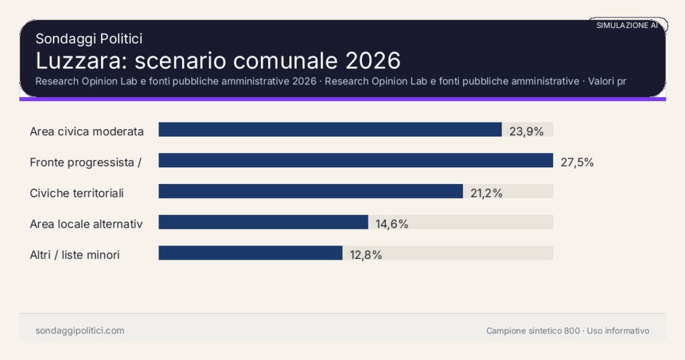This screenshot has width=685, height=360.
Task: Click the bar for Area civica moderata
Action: (x=330, y=130)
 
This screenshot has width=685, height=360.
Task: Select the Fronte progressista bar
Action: (x=355, y=161)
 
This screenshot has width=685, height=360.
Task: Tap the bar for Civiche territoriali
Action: (x=310, y=191)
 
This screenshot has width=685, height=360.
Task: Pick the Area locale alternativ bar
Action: (x=263, y=222)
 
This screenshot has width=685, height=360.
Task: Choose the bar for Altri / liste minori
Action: (x=250, y=253)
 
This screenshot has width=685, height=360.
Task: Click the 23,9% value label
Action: (x=526, y=131)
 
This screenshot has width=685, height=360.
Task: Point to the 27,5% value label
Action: (x=577, y=162)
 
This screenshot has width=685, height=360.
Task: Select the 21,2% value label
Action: (x=486, y=193)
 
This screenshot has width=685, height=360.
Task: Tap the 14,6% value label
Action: (x=392, y=224)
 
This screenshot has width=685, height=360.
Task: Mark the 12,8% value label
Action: (x=366, y=255)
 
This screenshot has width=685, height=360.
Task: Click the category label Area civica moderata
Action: (x=87, y=131)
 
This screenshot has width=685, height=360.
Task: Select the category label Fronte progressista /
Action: (x=85, y=162)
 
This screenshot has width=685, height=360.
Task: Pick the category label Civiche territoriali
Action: (x=77, y=193)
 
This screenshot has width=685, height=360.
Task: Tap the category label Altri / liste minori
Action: (x=75, y=254)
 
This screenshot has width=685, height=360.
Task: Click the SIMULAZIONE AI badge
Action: (x=627, y=25)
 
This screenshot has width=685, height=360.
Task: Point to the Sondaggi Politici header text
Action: (x=88, y=39)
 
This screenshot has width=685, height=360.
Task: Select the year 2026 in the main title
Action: (x=373, y=61)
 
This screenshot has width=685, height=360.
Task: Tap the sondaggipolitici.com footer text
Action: (x=80, y=331)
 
